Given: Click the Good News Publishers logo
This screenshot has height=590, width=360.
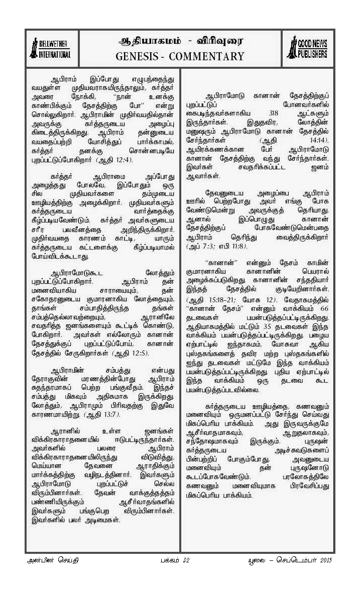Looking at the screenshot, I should (x=307, y=47).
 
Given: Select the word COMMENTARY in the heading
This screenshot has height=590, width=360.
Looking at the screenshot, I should (x=207, y=56).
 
